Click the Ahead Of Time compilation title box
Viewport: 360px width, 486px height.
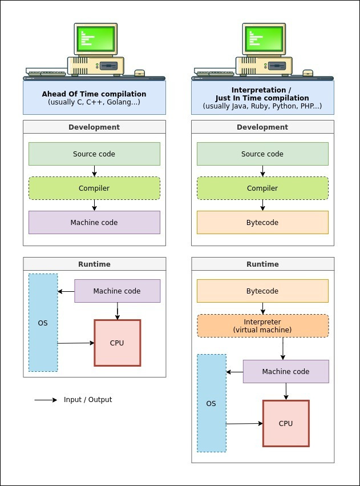pyautogui.click(x=94, y=98)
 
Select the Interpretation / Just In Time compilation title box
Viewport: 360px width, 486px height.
pyautogui.click(x=262, y=98)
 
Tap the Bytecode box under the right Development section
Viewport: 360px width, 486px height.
pyautogui.click(x=262, y=222)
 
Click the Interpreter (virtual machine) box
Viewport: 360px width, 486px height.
pyautogui.click(x=262, y=326)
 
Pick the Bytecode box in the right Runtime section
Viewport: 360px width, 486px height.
pyautogui.click(x=262, y=291)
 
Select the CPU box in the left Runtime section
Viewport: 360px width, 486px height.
pyautogui.click(x=117, y=343)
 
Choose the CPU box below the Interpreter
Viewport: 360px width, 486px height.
pyautogui.click(x=286, y=423)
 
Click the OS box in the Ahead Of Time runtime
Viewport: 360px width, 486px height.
pyautogui.click(x=43, y=323)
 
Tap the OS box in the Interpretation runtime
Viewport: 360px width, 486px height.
pyautogui.click(x=211, y=403)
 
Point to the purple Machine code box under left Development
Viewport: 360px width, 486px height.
pyautogui.click(x=94, y=222)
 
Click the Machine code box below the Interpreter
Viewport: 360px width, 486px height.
pyautogui.click(x=286, y=371)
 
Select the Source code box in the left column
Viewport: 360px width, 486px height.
pyautogui.click(x=94, y=154)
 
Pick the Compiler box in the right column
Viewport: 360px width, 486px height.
pyautogui.click(x=262, y=188)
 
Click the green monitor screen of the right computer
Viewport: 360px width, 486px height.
pyautogui.click(x=264, y=39)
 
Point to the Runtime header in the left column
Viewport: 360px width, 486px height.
pyautogui.click(x=94, y=264)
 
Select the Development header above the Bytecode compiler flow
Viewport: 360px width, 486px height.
pyautogui.click(x=262, y=127)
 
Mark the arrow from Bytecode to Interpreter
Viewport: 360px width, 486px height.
pyautogui.click(x=262, y=308)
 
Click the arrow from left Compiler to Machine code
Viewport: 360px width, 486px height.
pyautogui.click(x=94, y=205)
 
